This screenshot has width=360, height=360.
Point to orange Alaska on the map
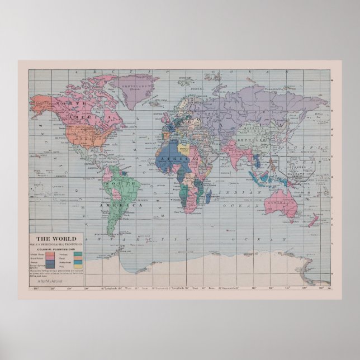coord(40,104)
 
